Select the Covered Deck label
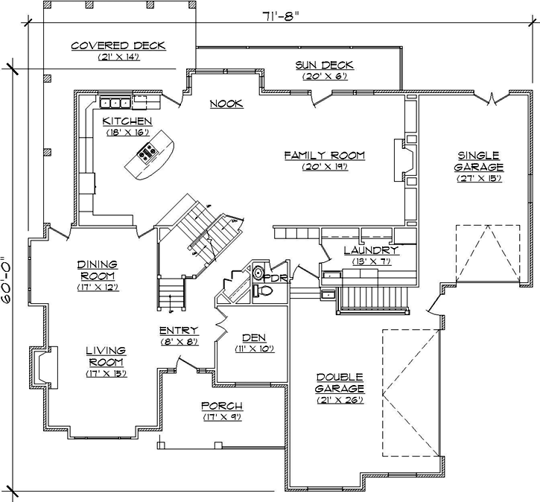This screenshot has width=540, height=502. point(118,46)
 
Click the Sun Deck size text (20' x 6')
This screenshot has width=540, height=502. point(324,76)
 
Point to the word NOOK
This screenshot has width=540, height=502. point(226,104)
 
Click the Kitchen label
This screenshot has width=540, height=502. point(127,121)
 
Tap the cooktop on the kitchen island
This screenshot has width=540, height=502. point(146,155)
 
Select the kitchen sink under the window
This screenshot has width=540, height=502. point(116,102)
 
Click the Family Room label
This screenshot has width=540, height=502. point(324,155)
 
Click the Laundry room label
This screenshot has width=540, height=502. point(370,251)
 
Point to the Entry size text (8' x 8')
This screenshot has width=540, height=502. point(178,342)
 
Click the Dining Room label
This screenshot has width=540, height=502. point(98,270)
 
